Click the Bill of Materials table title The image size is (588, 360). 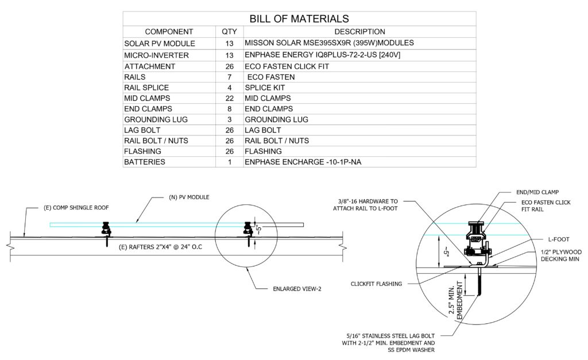click(299, 19)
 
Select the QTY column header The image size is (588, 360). click(229, 32)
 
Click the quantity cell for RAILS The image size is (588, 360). click(229, 78)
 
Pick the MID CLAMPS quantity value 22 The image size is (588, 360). click(230, 98)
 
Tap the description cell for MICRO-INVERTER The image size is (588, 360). click(323, 55)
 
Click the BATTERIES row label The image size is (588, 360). click(145, 162)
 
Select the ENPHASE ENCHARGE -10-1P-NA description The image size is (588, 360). click(303, 162)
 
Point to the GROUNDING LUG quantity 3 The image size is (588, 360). click(230, 119)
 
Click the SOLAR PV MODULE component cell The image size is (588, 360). click(160, 44)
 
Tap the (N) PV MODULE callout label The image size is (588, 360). click(189, 198)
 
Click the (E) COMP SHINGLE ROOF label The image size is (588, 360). click(76, 208)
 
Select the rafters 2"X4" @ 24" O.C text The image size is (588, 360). click(161, 247)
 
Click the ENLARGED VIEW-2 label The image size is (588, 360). click(297, 289)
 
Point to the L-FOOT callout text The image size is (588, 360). click(559, 239)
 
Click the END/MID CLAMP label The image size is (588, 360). click(537, 192)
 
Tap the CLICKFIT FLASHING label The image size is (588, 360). click(376, 284)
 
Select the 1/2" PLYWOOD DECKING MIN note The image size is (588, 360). click(561, 256)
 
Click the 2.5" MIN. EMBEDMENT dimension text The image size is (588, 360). click(455, 300)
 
